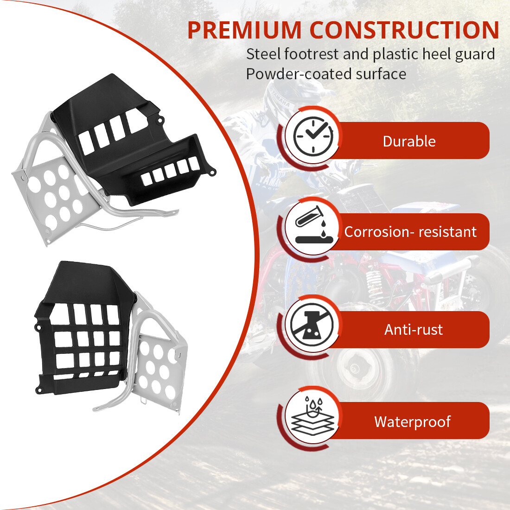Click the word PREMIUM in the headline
coord(245,30)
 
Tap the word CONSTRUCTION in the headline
coord(404,30)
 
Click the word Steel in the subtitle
coord(263,54)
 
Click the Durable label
coord(409,141)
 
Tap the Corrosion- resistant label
coord(410,232)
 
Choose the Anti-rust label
coord(414,330)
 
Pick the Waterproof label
coord(413,421)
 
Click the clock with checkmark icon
coord(313,136)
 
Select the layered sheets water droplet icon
coord(312,416)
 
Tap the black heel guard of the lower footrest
coord(83,329)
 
